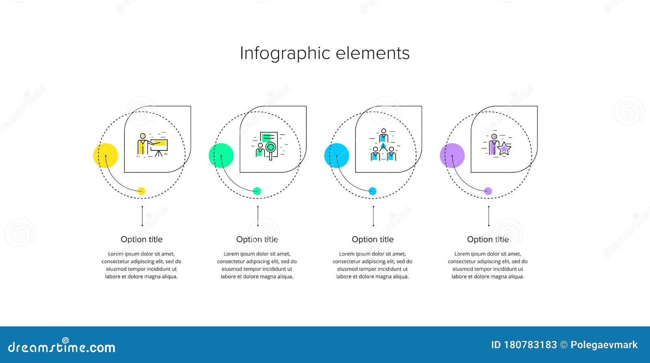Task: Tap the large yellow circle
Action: click(106, 155)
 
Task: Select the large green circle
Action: click(221, 155)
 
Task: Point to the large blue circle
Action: click(336, 155)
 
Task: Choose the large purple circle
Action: click(452, 155)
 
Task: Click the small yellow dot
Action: click(141, 191)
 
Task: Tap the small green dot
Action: click(257, 191)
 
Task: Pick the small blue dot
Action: click(373, 191)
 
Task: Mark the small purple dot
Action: click(488, 191)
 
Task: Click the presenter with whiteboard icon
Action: click(152, 145)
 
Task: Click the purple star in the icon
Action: click(504, 149)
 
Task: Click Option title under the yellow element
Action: click(141, 239)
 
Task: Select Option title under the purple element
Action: click(487, 239)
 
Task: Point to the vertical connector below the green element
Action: click(258, 216)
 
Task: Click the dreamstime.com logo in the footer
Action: click(62, 347)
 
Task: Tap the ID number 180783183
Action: click(530, 345)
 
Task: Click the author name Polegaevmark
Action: click(604, 345)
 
